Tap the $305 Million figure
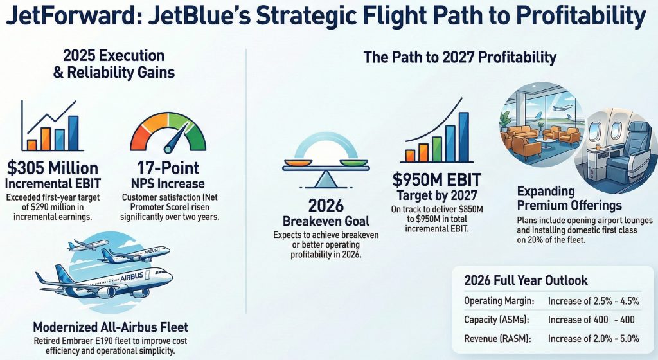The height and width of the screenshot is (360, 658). (x=53, y=168)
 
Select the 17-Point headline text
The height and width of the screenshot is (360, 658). (x=168, y=168)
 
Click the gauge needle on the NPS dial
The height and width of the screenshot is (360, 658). (x=175, y=138)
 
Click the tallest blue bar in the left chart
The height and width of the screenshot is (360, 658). (x=73, y=132)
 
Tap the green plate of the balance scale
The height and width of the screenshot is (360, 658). (x=354, y=163)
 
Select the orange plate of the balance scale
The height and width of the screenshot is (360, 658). (x=298, y=163)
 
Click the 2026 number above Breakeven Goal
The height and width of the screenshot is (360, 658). (x=326, y=206)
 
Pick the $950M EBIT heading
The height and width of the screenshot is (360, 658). (x=436, y=179)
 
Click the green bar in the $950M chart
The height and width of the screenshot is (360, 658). (x=437, y=149)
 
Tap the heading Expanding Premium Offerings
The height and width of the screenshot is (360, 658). (x=569, y=198)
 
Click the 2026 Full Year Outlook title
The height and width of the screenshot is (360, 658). (x=526, y=280)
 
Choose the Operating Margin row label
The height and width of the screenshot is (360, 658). (x=499, y=301)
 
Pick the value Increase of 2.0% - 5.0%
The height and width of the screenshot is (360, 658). (x=593, y=338)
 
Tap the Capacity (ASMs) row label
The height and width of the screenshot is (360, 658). (x=497, y=319)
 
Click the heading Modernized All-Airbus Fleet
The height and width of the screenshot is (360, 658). (x=111, y=327)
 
